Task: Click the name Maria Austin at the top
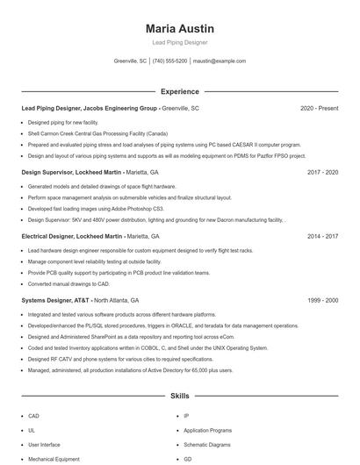180,29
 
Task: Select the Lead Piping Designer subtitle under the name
180,43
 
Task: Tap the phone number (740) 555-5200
169,61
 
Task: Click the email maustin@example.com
220,61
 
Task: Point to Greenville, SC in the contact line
131,61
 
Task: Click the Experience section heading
180,91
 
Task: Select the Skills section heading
180,397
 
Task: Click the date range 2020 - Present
319,108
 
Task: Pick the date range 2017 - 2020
322,172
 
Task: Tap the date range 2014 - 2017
322,236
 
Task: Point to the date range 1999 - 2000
322,300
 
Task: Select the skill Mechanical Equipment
54,459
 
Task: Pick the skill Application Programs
207,431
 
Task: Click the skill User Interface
44,445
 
